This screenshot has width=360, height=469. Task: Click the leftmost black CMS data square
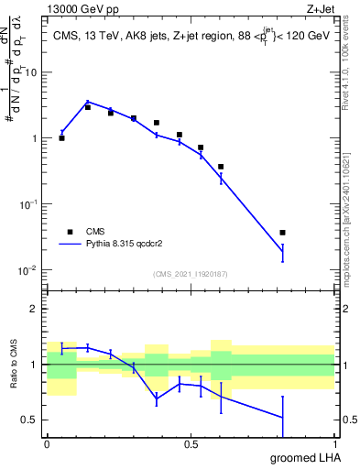coord(61,138)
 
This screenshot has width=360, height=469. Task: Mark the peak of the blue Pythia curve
coord(88,102)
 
